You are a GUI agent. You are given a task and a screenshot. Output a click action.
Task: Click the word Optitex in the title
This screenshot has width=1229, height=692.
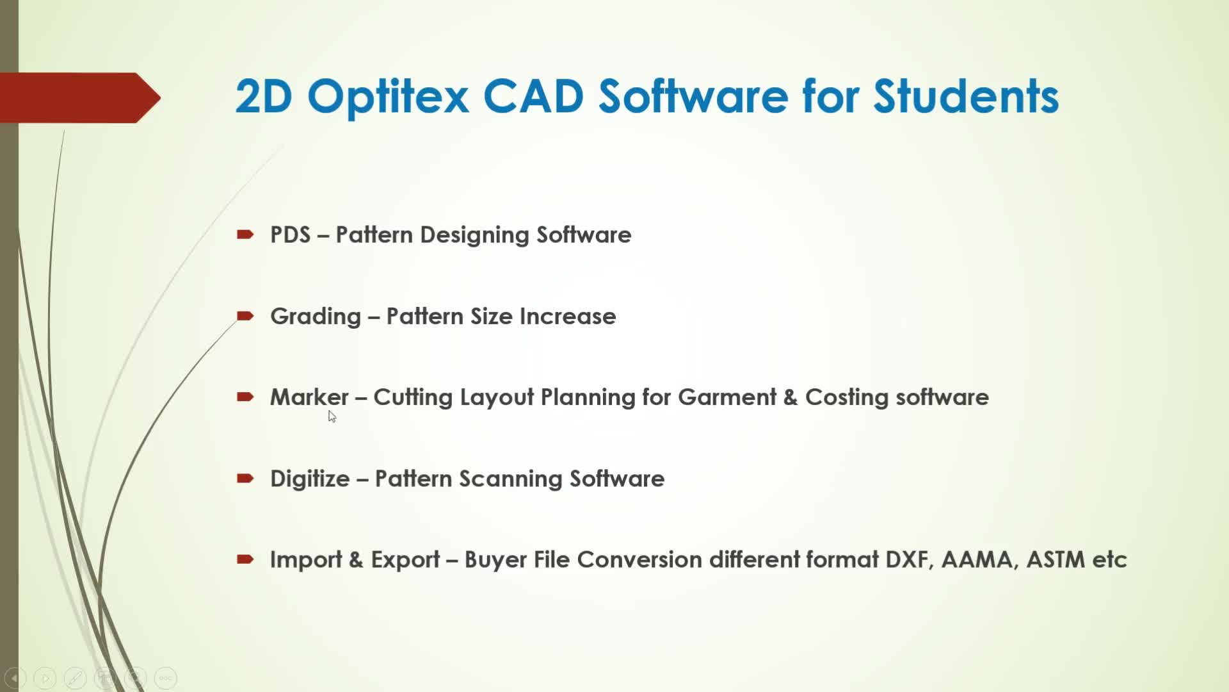[x=388, y=97]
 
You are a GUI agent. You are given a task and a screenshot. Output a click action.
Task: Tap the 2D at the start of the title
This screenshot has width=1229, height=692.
[x=264, y=96]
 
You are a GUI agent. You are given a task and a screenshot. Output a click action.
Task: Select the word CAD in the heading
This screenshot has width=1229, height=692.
[x=533, y=96]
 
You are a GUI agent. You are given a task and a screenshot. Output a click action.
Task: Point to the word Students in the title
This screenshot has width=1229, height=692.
[x=966, y=96]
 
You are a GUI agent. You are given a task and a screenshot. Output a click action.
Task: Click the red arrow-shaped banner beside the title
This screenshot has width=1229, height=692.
[x=80, y=97]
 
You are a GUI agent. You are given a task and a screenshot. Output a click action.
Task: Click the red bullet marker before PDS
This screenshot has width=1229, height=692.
[x=245, y=235]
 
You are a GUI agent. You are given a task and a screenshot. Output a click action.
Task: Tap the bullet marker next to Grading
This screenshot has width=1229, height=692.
[x=245, y=316]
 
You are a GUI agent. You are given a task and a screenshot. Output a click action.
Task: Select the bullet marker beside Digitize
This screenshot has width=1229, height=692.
[x=245, y=478]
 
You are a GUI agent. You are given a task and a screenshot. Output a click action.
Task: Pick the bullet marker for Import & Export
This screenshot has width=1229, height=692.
[x=245, y=559]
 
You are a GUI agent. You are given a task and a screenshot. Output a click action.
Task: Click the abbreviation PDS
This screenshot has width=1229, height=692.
[x=291, y=235]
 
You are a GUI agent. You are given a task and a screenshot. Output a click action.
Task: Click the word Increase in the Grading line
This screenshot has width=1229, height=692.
[x=567, y=316]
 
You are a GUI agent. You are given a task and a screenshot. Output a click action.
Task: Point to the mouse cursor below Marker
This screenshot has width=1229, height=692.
[x=332, y=416]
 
